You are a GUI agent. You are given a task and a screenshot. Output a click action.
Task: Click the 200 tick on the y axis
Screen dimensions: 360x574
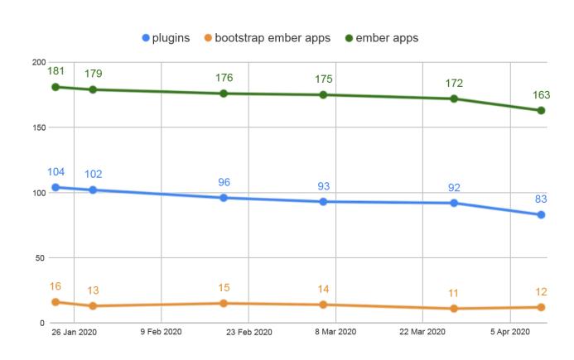[x=38, y=63]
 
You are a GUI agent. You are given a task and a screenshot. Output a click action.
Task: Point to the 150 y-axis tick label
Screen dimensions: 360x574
[x=38, y=127]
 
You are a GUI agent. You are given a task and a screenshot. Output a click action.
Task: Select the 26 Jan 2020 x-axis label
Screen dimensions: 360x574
[x=73, y=334]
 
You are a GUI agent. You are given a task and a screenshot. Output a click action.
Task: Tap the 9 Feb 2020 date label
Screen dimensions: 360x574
[x=161, y=334]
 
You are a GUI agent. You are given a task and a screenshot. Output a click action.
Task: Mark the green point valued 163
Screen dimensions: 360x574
[x=542, y=110]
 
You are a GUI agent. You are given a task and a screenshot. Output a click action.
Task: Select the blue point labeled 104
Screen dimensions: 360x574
[x=55, y=187]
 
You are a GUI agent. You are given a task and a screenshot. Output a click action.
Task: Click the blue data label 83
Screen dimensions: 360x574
[x=541, y=199]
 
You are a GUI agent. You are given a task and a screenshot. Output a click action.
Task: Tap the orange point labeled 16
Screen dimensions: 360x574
[x=55, y=302]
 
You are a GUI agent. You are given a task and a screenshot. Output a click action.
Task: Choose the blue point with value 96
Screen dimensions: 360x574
[x=224, y=198]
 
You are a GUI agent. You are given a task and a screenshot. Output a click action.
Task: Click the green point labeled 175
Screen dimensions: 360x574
[x=324, y=95]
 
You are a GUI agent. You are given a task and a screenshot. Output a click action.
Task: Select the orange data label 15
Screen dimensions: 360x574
[x=224, y=287]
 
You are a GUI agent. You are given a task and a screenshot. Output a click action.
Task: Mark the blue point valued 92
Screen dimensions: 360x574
[x=454, y=203]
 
